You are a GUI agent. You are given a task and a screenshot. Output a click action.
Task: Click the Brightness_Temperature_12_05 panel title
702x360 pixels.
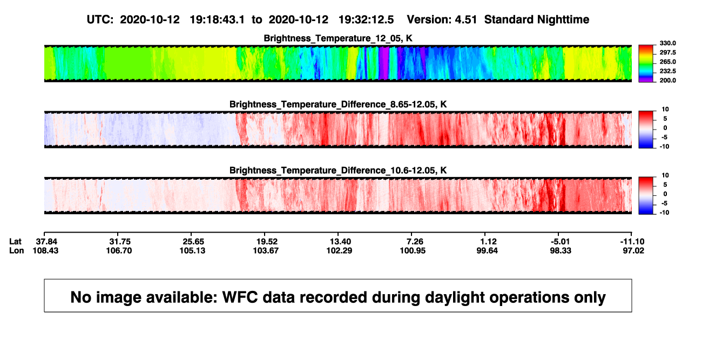(338, 38)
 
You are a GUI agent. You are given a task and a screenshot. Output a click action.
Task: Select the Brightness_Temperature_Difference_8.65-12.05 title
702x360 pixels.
(338, 104)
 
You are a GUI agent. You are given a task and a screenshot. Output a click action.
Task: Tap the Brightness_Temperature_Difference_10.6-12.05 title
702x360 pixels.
(338, 171)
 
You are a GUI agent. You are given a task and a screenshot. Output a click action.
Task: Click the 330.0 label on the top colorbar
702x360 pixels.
(667, 43)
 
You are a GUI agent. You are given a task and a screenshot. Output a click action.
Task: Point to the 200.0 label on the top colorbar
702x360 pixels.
(667, 80)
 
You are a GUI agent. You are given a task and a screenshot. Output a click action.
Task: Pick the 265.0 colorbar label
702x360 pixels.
(667, 62)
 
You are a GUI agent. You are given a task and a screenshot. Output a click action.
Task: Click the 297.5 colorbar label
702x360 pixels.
(667, 52)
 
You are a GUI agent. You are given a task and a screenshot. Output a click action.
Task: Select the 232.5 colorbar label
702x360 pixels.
(667, 71)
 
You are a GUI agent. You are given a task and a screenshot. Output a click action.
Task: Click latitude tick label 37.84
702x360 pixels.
(46, 242)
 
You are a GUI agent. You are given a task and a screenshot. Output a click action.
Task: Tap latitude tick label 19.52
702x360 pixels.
(267, 242)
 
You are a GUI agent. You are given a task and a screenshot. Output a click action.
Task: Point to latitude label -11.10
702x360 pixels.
(632, 242)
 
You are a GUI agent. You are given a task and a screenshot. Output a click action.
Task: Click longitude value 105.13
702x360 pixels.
(192, 250)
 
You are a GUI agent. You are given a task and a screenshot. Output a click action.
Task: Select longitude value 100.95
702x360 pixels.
(413, 250)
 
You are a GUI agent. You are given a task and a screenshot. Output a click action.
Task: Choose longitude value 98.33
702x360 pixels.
(561, 250)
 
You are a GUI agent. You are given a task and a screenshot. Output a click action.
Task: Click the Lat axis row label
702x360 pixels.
(15, 242)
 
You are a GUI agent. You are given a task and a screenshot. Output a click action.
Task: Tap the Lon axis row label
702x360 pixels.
(17, 250)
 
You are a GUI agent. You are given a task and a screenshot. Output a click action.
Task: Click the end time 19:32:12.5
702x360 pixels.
(366, 19)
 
